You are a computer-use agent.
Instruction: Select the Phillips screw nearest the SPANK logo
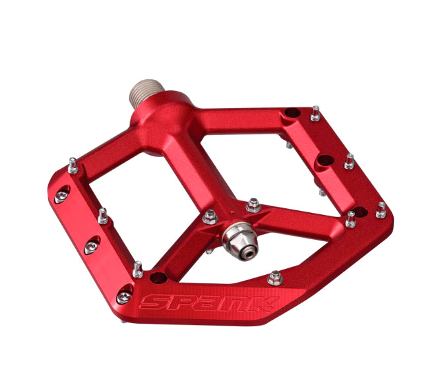124,296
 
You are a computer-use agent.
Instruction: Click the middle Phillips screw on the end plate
92,247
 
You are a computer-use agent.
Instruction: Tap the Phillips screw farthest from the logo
61,195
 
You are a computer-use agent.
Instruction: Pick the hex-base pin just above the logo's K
275,278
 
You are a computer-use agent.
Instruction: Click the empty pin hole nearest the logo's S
158,278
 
